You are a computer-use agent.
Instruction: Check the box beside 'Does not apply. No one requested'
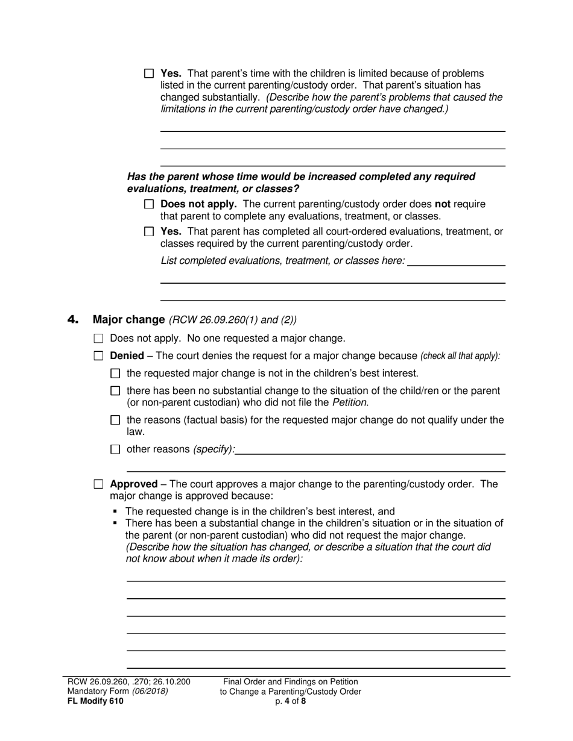click(99, 339)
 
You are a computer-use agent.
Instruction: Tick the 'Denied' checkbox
click(99, 356)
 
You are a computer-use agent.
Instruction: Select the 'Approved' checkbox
click(99, 484)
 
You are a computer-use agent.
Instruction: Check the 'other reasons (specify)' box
click(116, 449)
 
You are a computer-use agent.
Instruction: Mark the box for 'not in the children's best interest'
click(116, 374)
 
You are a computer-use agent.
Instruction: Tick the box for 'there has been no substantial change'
click(116, 391)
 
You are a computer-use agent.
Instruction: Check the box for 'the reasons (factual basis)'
click(116, 421)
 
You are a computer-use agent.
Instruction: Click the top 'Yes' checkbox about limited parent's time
click(149, 73)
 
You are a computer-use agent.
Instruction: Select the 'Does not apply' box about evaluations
click(149, 205)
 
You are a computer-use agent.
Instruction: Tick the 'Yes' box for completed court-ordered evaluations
click(149, 231)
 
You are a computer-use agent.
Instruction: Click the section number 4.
click(73, 320)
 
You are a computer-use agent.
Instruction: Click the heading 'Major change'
click(128, 320)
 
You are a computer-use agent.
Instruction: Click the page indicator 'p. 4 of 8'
click(290, 701)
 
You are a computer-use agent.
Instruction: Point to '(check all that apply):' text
click(460, 356)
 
